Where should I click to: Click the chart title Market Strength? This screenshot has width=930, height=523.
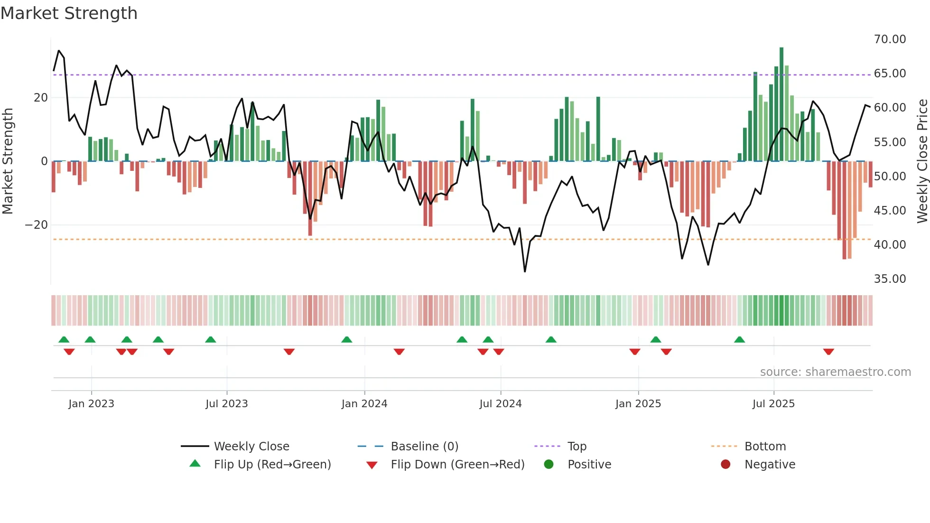(x=69, y=13)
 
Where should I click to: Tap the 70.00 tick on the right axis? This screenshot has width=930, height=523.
(x=890, y=39)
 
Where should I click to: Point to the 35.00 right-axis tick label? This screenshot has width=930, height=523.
(x=890, y=279)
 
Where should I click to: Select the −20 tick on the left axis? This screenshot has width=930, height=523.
(x=37, y=225)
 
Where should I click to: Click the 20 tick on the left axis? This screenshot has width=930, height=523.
(x=41, y=98)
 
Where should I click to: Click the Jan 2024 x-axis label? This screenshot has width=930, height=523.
(x=364, y=404)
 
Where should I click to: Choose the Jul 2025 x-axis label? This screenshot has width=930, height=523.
(x=773, y=404)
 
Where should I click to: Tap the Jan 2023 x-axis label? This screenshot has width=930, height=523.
(x=91, y=404)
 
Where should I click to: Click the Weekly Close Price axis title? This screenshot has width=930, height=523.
(x=922, y=161)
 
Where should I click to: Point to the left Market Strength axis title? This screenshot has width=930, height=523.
(x=8, y=161)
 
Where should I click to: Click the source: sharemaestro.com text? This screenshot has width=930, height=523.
(x=835, y=372)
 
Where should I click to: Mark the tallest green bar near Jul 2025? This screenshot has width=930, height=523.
(x=781, y=104)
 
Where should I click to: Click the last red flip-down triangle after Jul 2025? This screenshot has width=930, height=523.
(x=828, y=352)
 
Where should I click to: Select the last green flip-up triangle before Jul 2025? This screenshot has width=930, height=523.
(x=739, y=339)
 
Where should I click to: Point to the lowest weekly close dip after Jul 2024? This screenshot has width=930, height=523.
(x=525, y=271)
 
